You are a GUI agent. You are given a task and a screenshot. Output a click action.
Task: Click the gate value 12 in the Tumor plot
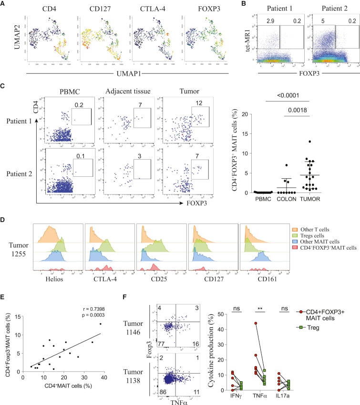point(195,103)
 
